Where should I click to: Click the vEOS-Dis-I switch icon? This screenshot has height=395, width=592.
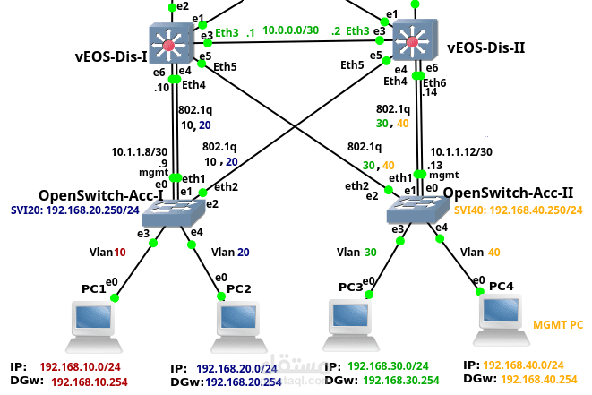[167, 42]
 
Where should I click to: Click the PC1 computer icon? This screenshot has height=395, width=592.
[94, 323]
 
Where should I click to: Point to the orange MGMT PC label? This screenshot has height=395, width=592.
[557, 324]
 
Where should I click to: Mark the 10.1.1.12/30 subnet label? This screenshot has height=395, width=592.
[461, 152]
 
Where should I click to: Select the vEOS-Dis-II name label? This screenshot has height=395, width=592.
[485, 48]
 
